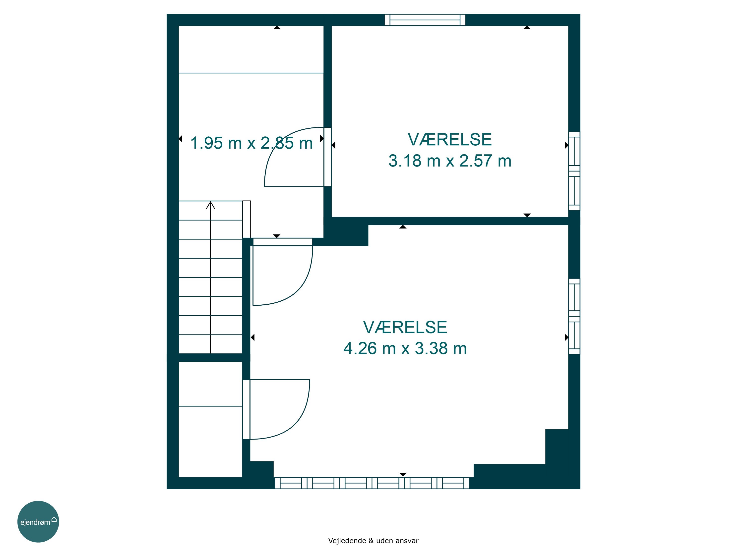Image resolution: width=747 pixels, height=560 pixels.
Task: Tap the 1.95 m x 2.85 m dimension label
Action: click(251, 143)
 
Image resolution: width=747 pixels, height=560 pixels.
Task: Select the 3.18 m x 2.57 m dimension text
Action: click(450, 161)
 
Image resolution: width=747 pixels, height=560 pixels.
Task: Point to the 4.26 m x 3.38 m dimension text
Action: click(405, 348)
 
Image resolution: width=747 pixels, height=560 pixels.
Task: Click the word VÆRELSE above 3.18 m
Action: click(450, 139)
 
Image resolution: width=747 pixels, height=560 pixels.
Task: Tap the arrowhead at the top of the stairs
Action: click(210, 205)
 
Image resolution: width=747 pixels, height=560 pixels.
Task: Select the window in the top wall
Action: click(425, 20)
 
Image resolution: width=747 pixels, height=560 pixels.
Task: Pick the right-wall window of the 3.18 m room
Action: click(574, 171)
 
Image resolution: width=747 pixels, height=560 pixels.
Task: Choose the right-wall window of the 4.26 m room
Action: click(574, 316)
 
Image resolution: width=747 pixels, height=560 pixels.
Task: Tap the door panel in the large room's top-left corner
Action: click(283, 242)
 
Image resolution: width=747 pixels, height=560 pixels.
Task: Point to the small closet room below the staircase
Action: click(210, 419)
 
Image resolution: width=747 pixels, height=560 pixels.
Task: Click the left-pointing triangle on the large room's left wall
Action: click(252, 337)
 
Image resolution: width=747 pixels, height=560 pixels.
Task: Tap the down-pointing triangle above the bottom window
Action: click(403, 475)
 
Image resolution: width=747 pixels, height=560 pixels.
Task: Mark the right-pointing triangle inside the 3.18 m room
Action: click(567, 145)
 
